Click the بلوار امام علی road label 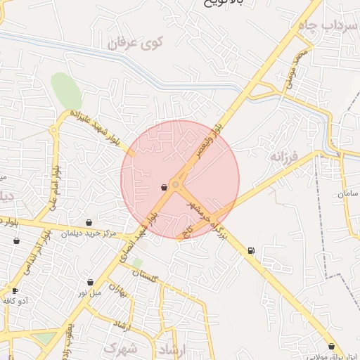(54, 186)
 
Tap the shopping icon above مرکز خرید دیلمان (89, 222)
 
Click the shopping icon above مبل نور (90, 282)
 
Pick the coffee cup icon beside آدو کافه (15, 290)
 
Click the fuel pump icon (251, 251)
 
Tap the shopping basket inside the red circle (164, 188)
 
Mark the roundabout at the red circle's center (175, 184)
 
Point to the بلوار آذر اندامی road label (39, 252)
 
